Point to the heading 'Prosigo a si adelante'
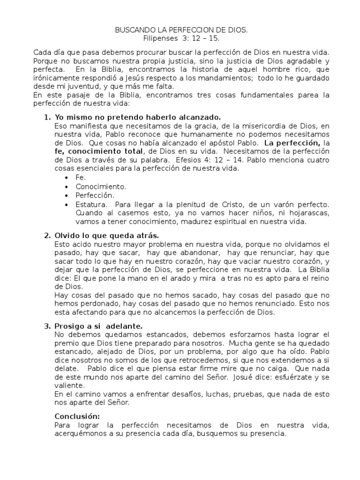98,326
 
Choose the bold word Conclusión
77,416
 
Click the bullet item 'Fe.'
81,178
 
